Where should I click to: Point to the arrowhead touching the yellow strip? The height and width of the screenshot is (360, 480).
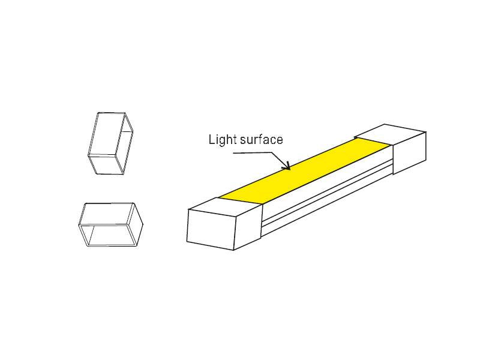point(287,166)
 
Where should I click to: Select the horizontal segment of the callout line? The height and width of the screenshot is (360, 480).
point(253,152)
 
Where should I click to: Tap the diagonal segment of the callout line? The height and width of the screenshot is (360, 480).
point(280,160)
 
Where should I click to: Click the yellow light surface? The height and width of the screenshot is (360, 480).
point(306,171)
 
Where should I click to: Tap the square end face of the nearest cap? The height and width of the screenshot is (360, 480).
point(211,229)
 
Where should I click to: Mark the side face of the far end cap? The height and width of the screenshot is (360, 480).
point(410,153)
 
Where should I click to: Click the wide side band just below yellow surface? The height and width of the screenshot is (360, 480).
point(328,183)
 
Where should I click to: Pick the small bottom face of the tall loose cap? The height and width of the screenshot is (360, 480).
point(106,166)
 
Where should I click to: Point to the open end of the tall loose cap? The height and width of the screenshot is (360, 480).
point(127,145)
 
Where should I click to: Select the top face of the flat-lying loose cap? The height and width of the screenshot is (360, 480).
point(108,214)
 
